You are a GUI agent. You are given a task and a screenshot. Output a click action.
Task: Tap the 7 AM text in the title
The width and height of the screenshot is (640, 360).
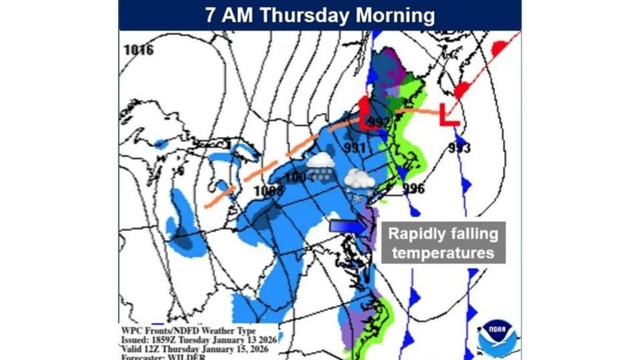point(229,16)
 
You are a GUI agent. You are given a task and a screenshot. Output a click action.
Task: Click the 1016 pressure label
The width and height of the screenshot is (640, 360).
point(138,51)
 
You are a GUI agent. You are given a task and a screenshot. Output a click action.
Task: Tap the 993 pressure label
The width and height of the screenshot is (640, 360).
point(459,148)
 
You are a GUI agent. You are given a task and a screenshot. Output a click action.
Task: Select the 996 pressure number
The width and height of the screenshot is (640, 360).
point(414,189)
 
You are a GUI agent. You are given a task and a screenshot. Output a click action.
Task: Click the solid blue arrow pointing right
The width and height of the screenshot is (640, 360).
point(348,225)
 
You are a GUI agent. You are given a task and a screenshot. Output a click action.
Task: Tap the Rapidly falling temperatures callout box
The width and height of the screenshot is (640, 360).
point(444,243)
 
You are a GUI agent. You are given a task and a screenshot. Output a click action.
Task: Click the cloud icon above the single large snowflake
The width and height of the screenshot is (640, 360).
point(359,179)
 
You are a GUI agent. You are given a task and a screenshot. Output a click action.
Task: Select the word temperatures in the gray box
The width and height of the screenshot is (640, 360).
point(444,253)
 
